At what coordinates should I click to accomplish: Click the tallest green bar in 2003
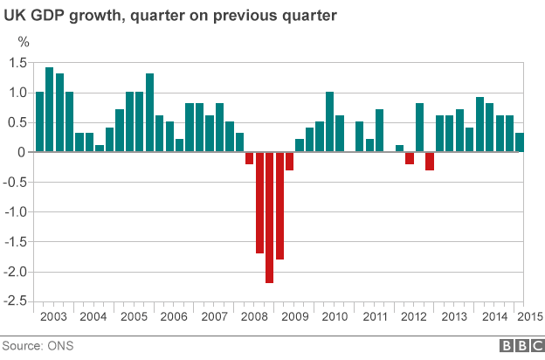point(50,109)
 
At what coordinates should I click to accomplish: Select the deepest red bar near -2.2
point(270,218)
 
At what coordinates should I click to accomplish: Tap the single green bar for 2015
point(520,142)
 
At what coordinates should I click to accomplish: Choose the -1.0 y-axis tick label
point(17,211)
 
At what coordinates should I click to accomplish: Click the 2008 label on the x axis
point(254,316)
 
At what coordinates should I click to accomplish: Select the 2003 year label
point(54,316)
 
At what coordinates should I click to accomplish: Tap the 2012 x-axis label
point(414,316)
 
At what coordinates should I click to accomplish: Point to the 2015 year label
point(529,316)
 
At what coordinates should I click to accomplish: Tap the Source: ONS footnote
point(37,346)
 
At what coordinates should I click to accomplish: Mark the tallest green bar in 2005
point(150,113)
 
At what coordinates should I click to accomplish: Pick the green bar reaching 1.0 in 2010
point(330,121)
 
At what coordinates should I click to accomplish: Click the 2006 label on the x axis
point(174,316)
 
